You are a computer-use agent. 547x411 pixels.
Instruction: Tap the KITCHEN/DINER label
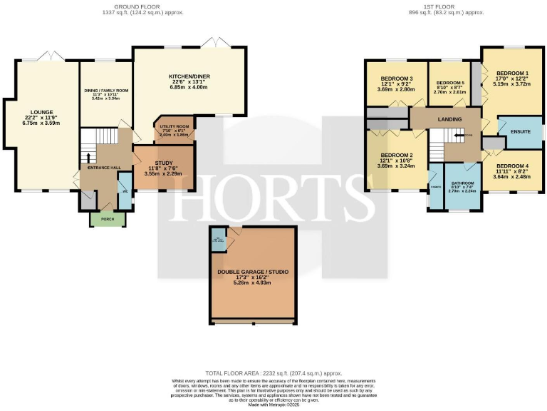pos(189,76)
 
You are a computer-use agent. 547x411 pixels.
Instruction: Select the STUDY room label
pos(164,163)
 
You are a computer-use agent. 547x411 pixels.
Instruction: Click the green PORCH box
pos(107,218)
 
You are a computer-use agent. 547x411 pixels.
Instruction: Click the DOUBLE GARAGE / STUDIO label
pos(254,272)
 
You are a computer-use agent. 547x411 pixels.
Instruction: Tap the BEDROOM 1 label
pos(512,73)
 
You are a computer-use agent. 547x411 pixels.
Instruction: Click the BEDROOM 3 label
pos(397,78)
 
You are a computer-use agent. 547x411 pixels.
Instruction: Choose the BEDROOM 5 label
pos(449,83)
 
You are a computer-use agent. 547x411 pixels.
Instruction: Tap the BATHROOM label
pos(462,183)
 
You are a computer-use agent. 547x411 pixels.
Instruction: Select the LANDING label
pos(449,119)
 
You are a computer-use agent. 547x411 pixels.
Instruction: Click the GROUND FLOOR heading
pos(136,6)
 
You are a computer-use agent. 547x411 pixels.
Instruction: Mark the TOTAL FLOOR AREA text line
pos(273,373)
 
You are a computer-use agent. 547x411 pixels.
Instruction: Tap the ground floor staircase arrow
pos(88,156)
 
